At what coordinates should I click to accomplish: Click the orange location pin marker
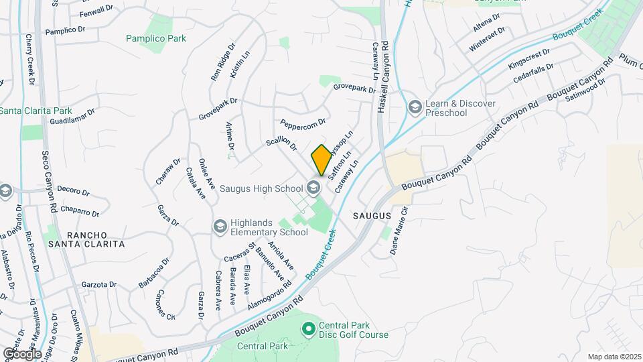(x=321, y=160)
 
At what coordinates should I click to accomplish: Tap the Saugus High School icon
(x=313, y=188)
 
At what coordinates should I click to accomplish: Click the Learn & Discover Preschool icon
(x=415, y=107)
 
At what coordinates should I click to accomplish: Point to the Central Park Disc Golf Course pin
(x=308, y=329)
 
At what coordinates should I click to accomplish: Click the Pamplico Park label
(x=156, y=38)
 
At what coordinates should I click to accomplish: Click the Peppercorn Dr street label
(x=303, y=124)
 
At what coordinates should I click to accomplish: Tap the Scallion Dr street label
(x=281, y=142)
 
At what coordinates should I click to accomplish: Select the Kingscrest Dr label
(x=528, y=58)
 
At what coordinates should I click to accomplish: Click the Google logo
(x=22, y=353)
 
